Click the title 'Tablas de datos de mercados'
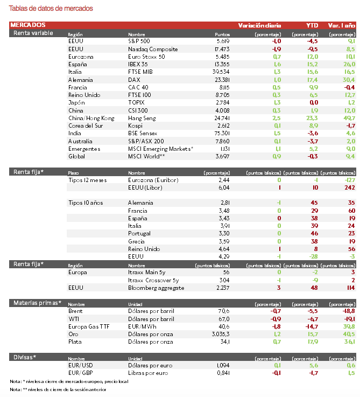[51, 9]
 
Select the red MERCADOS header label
[28, 25]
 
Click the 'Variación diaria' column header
[259, 25]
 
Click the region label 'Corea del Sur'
[86, 126]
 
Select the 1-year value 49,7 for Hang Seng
[349, 118]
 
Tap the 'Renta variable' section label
[33, 33]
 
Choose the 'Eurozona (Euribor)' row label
[153, 179]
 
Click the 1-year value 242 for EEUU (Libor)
[349, 187]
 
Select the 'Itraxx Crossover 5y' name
[153, 280]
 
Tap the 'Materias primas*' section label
[38, 303]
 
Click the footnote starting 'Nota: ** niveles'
[54, 389]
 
